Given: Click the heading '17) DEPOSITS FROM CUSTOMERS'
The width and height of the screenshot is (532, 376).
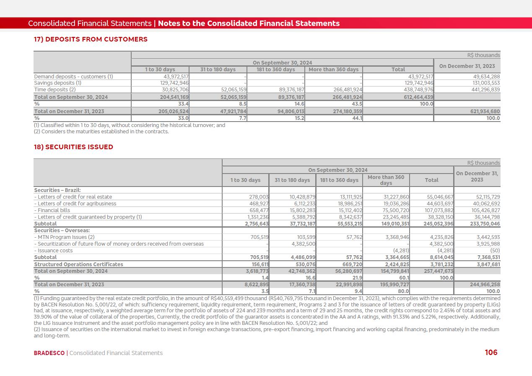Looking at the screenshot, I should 91,39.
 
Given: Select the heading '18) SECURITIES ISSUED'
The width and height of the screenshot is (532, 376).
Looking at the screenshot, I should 73,147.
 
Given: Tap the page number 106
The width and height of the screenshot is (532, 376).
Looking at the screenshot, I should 491,353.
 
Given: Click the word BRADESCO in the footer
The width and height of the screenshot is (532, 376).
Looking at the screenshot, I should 49,353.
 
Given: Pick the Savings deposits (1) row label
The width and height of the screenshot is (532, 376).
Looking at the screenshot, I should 57,83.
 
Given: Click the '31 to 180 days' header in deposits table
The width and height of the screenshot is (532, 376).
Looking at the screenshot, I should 218,70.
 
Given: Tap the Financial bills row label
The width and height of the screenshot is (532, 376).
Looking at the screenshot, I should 52,210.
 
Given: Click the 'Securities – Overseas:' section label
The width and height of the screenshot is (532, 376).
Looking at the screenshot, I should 62,231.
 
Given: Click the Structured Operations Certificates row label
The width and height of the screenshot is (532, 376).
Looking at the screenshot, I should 79,264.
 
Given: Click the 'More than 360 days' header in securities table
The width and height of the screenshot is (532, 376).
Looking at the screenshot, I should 386,180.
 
